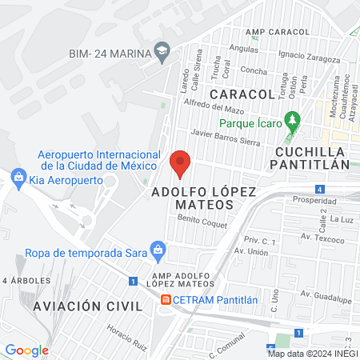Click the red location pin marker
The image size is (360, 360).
click(x=181, y=163)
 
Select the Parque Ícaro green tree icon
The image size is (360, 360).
click(x=293, y=121)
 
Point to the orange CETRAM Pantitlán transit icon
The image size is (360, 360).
click(x=164, y=300)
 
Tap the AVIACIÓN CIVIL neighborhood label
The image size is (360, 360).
click(x=87, y=306)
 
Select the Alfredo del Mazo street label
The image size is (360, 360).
click(x=212, y=105)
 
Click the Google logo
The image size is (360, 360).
click(x=26, y=350)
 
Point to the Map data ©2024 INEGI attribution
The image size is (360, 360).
click(x=312, y=354)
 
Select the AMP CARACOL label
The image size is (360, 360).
click(x=266, y=32)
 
